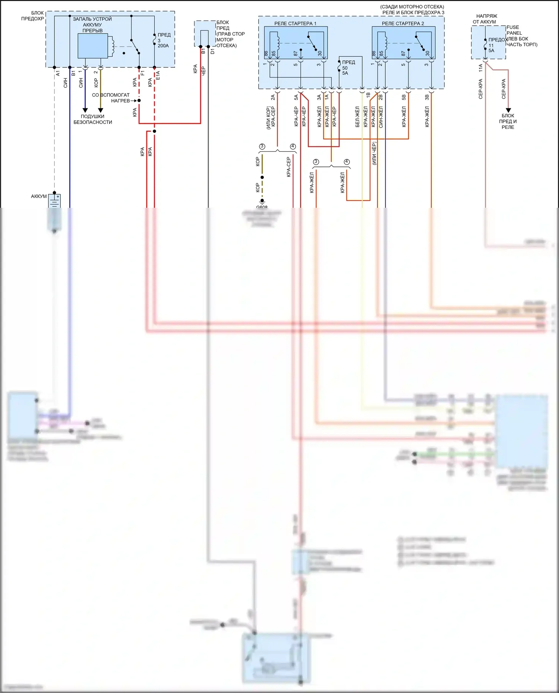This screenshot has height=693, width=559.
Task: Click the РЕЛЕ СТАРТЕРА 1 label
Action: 295,23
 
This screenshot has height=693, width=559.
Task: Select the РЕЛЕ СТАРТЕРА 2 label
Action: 403,23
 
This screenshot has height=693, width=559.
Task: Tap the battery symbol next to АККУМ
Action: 55,201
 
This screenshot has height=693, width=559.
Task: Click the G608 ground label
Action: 262,207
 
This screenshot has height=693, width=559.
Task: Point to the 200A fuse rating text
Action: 163,46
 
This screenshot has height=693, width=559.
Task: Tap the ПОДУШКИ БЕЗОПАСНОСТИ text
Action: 93,119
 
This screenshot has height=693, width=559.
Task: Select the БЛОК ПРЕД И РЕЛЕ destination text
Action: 508,121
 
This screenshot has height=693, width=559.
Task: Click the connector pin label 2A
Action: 273,97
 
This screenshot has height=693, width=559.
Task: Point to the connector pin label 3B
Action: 427,97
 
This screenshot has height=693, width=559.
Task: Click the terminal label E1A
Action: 158,76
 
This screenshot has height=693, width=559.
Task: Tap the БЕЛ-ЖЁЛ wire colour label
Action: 357,117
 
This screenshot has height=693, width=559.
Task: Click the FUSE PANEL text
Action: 514,30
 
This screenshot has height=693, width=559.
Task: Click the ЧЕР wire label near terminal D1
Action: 203,71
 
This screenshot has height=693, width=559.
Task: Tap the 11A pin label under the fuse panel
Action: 481,68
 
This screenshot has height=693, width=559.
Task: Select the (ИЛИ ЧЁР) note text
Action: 374,153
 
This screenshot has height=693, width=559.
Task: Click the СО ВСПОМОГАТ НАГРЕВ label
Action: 111,98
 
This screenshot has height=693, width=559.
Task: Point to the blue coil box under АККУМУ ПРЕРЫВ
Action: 92,46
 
